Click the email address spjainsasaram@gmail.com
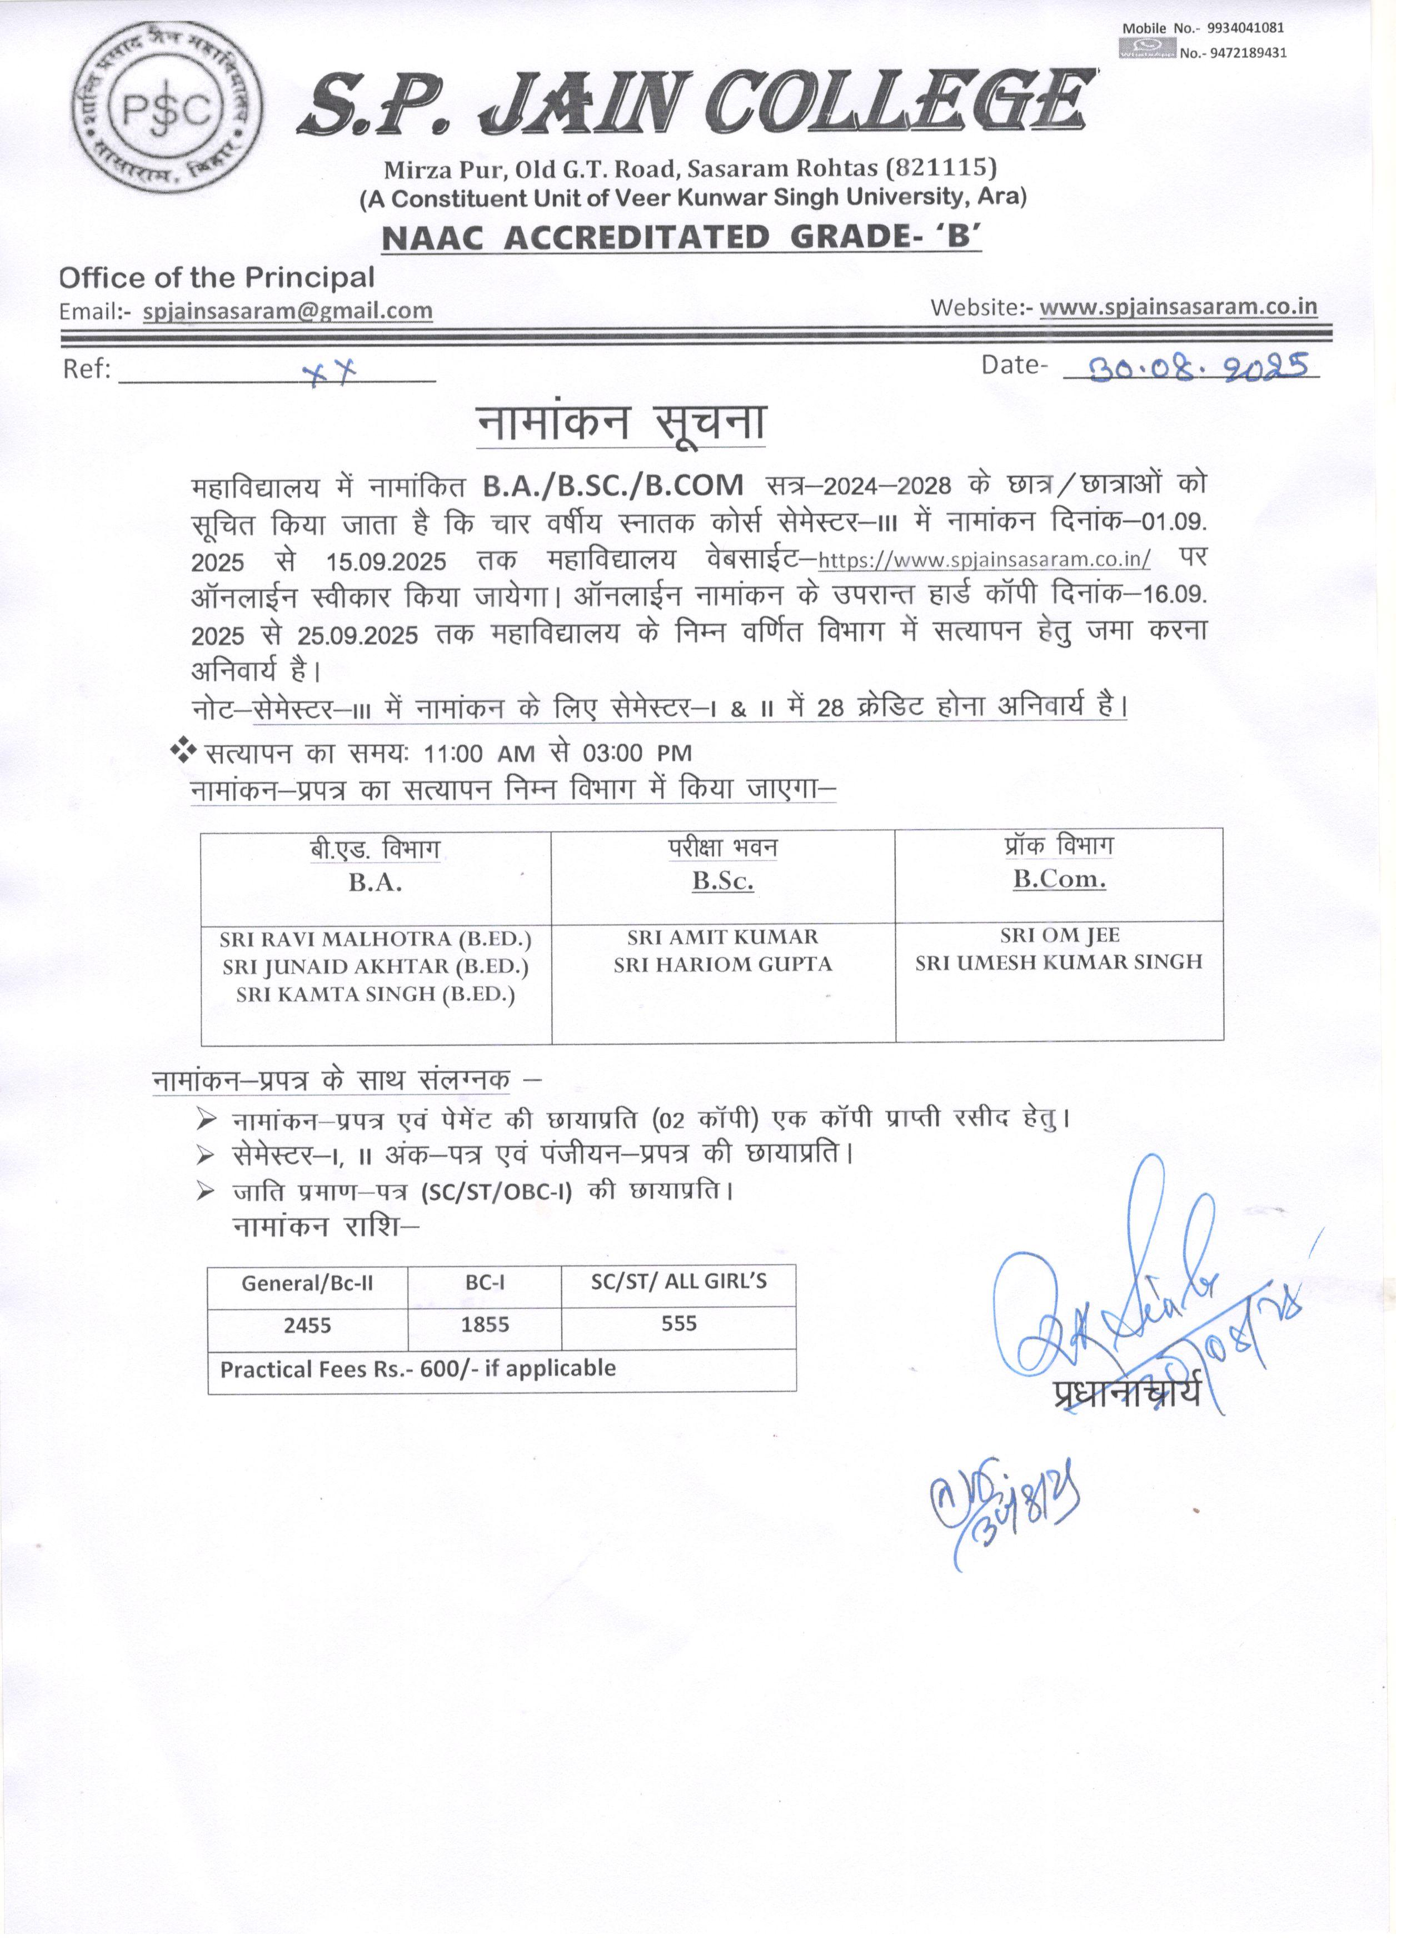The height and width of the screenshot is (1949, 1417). (x=288, y=311)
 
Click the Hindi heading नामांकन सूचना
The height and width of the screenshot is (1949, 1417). (x=620, y=423)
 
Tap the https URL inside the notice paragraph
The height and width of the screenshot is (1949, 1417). (x=984, y=560)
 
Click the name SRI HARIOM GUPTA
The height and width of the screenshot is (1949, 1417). (x=723, y=964)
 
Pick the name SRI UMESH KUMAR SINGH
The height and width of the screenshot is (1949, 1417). (x=1058, y=963)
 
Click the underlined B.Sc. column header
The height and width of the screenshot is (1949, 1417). (x=723, y=881)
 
